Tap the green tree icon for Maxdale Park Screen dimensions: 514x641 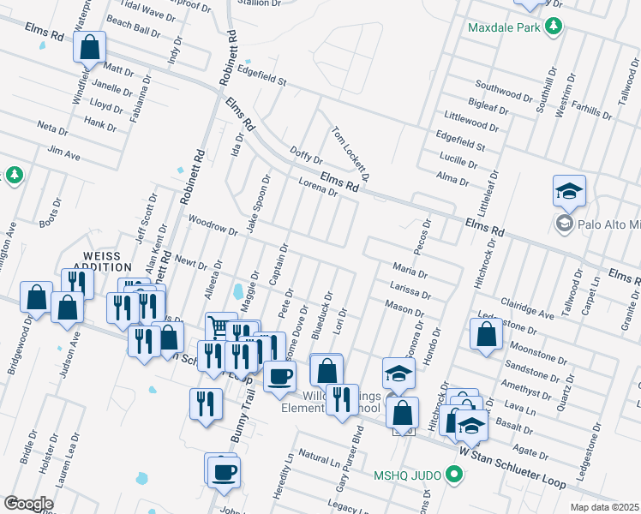(x=555, y=27)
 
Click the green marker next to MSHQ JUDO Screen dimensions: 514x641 (x=455, y=474)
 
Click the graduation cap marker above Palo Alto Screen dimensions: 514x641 (x=569, y=193)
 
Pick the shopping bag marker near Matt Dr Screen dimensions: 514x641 (x=90, y=51)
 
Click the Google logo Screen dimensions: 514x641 (x=28, y=504)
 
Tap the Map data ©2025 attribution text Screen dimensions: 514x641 (x=603, y=507)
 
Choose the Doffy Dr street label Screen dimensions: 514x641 (x=306, y=153)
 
